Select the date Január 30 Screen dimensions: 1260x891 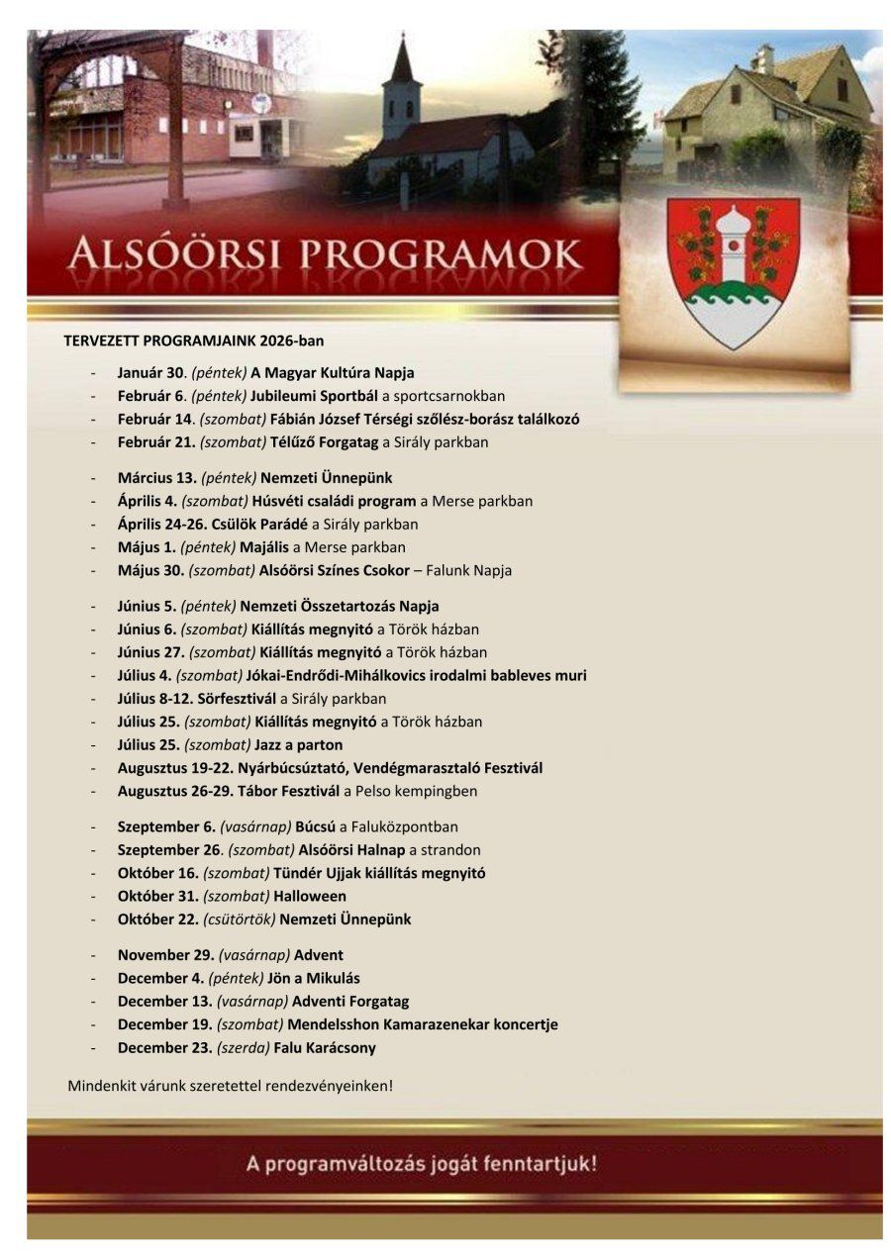[153, 373]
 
